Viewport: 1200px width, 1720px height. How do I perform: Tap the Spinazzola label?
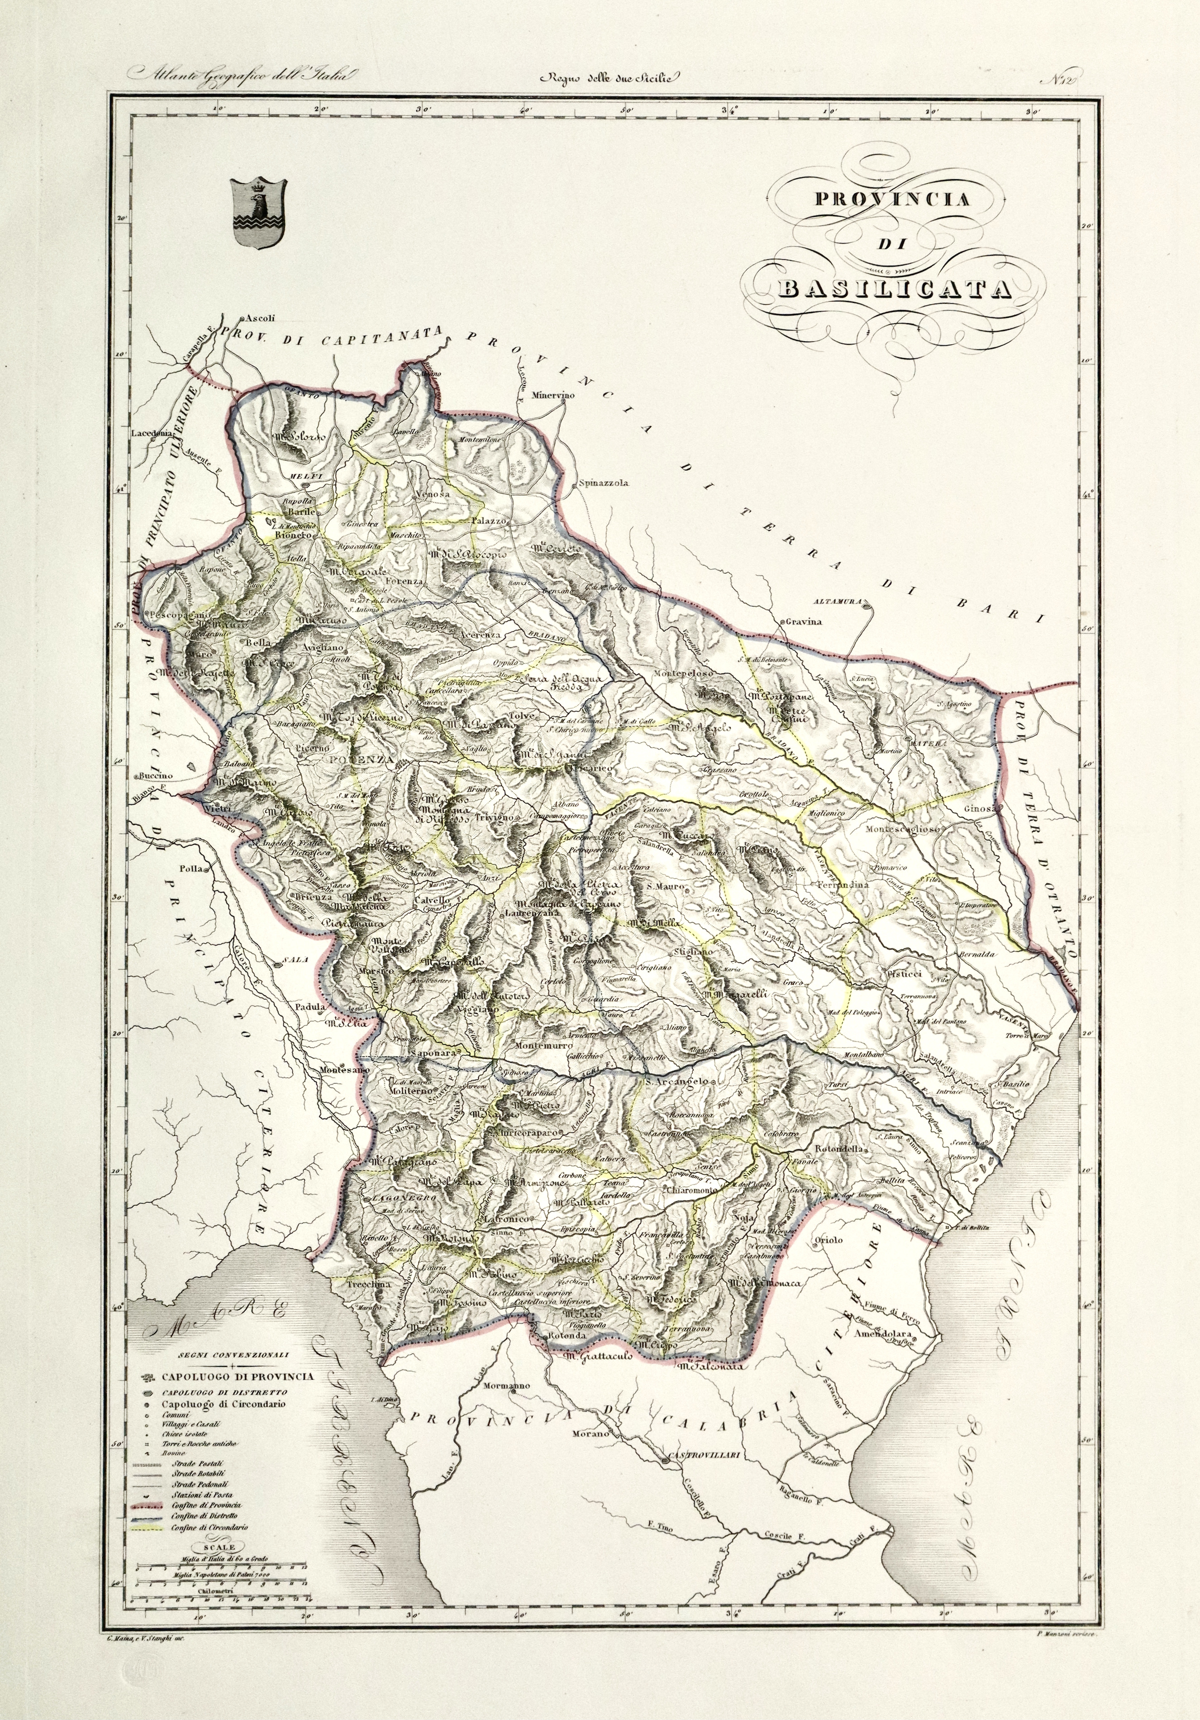(x=604, y=483)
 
